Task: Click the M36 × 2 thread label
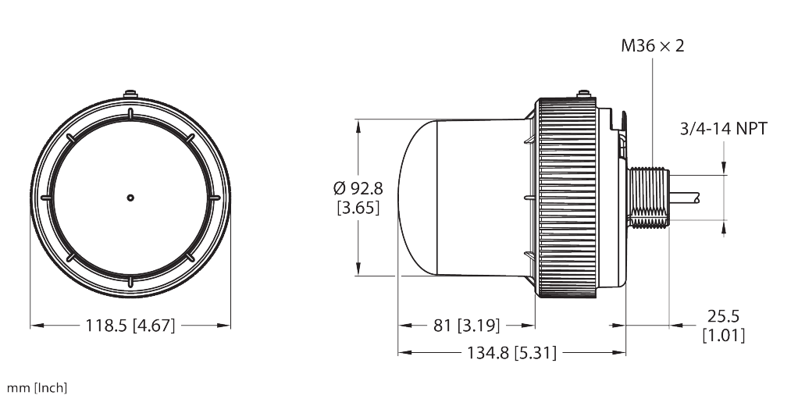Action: click(x=652, y=46)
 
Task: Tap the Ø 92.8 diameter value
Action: click(x=358, y=188)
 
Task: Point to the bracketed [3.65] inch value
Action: click(x=358, y=208)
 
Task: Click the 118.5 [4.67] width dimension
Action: click(x=130, y=325)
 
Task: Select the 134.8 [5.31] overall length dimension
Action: click(x=511, y=353)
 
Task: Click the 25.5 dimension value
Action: click(x=722, y=316)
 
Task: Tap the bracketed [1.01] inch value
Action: click(x=723, y=336)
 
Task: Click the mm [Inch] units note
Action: click(x=37, y=387)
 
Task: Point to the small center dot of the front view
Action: click(x=130, y=197)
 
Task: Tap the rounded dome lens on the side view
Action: click(x=418, y=197)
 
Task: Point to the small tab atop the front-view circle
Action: click(x=130, y=94)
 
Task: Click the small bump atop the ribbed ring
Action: click(x=582, y=95)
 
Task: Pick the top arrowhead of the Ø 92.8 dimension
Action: click(x=358, y=123)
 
